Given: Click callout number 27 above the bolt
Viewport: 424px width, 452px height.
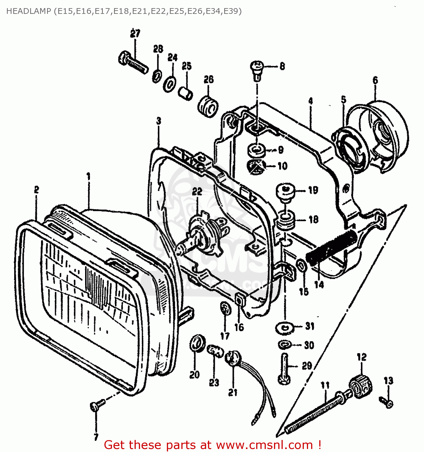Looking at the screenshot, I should tap(135, 33).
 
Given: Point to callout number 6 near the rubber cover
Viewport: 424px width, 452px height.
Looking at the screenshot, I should tap(375, 80).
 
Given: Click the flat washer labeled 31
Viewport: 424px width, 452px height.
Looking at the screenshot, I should tap(284, 328).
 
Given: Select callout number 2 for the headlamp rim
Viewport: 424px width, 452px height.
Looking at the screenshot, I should tap(36, 190).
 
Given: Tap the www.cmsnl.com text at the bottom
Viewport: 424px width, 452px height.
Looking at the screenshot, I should tap(264, 445).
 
